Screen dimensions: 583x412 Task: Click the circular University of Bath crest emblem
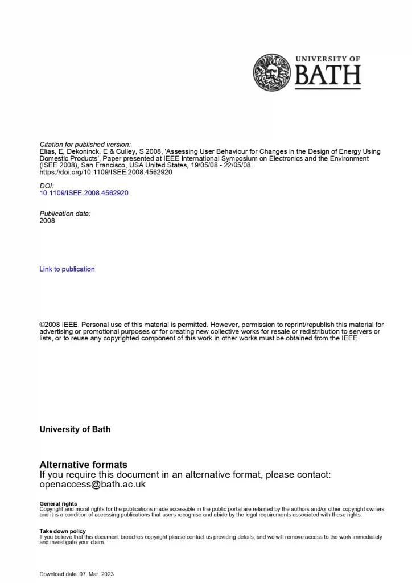pyautogui.click(x=272, y=72)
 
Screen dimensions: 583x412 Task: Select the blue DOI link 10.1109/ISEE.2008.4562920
pyautogui.click(x=84, y=193)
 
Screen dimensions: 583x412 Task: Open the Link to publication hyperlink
pyautogui.click(x=67, y=269)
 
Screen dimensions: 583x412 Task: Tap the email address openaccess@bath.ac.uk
pyautogui.click(x=93, y=485)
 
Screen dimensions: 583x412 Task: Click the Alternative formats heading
pyautogui.click(x=83, y=465)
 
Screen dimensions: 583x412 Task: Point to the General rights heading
pyautogui.click(x=58, y=504)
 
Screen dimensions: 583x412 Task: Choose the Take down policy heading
pyautogui.click(x=63, y=531)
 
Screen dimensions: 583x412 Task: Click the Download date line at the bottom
pyautogui.click(x=76, y=574)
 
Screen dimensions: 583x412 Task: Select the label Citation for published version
pyautogui.click(x=85, y=145)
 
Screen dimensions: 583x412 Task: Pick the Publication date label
pyautogui.click(x=65, y=214)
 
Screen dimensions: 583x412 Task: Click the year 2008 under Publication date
pyautogui.click(x=47, y=220)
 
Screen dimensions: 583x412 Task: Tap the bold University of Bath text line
pyautogui.click(x=75, y=429)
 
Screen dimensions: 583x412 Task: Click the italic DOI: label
pyautogui.click(x=47, y=186)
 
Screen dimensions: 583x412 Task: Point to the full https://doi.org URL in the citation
pyautogui.click(x=105, y=172)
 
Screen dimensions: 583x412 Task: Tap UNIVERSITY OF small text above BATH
pyautogui.click(x=327, y=59)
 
